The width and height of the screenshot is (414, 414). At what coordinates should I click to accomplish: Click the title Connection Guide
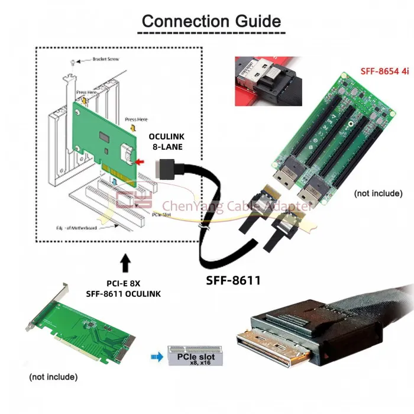211,21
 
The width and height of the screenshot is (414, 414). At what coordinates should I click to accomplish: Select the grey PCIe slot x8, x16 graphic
196,357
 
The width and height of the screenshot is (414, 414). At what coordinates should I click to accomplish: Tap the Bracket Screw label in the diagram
105,59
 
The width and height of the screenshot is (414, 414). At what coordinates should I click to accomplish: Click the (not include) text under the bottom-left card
54,376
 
